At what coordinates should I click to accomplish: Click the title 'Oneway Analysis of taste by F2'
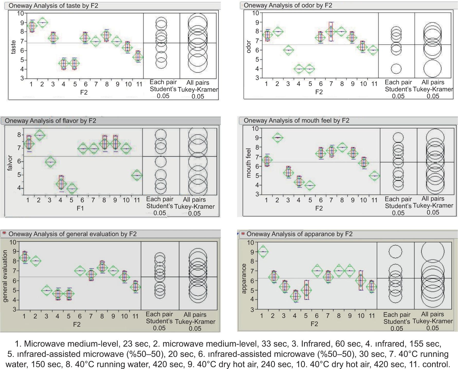tap(53, 5)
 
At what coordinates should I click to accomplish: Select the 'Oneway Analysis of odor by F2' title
tap(288, 5)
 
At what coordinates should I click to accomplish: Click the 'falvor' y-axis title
tap(10, 163)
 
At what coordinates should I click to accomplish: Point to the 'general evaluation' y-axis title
tap(5, 276)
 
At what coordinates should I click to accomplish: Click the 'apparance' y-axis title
tap(244, 278)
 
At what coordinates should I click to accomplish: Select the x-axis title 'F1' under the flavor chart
tap(80, 208)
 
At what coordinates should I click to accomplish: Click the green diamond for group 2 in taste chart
tap(42, 23)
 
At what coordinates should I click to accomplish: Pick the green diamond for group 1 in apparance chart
tap(262, 252)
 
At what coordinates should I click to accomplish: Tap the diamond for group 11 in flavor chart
tap(137, 175)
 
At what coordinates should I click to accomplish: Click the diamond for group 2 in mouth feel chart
tap(277, 138)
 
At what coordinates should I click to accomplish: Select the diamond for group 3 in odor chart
tap(288, 50)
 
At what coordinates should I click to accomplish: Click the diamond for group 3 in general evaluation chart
tap(47, 290)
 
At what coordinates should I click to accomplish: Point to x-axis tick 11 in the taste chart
tap(139, 84)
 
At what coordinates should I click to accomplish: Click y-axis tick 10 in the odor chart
tap(255, 13)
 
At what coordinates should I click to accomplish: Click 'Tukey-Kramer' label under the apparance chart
tap(433, 321)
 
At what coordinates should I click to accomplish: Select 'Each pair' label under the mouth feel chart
tap(398, 199)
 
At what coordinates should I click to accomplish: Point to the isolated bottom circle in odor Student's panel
tap(396, 69)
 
